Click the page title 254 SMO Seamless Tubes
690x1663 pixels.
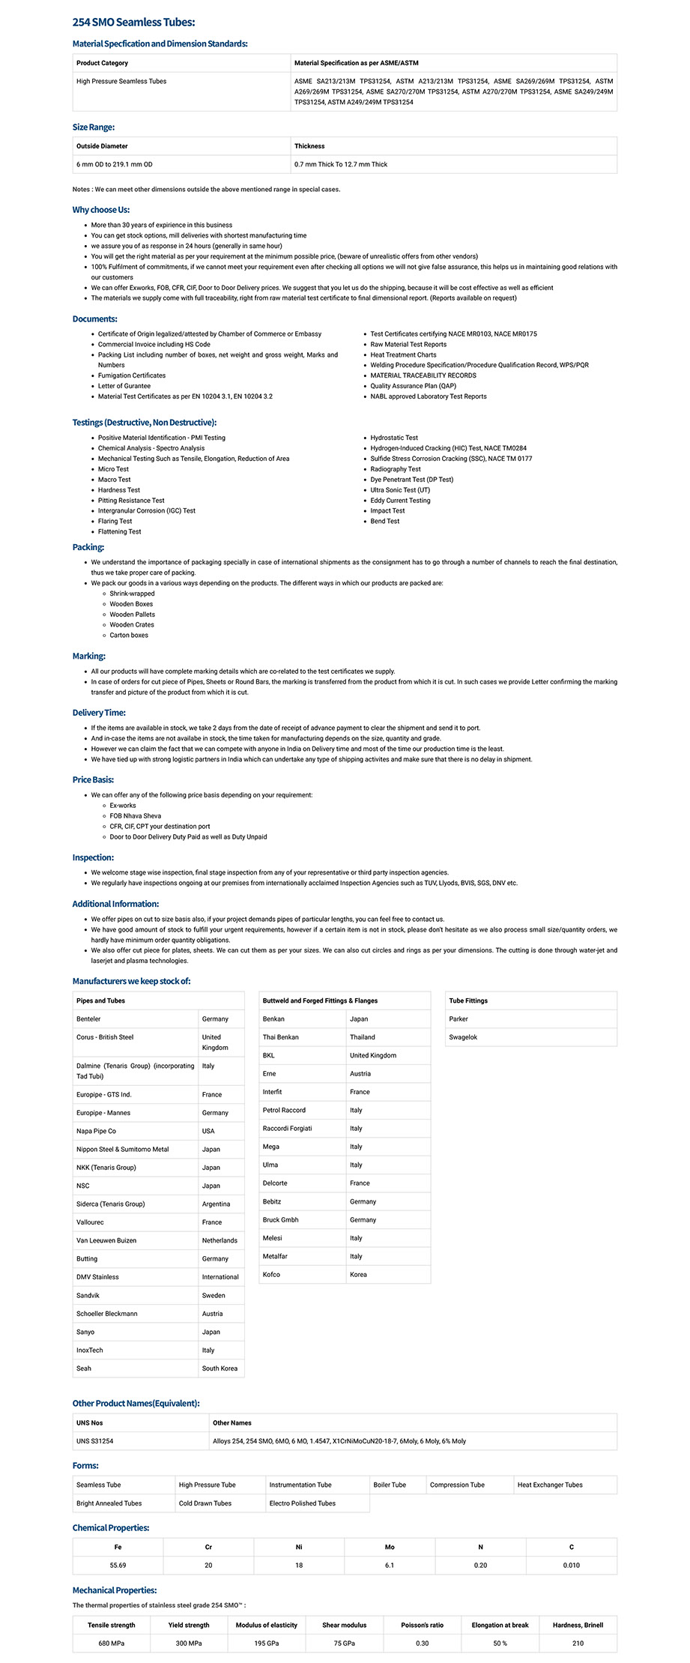pyautogui.click(x=133, y=22)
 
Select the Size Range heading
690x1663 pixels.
pyautogui.click(x=94, y=127)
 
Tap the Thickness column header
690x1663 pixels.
pyautogui.click(x=309, y=146)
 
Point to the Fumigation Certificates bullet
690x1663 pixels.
pyautogui.click(x=132, y=375)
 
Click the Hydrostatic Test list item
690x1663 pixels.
pyautogui.click(x=394, y=438)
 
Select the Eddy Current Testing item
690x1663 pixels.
pyautogui.click(x=400, y=501)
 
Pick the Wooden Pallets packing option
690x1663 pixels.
pyautogui.click(x=133, y=615)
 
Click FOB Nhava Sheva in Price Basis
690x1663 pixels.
pyautogui.click(x=136, y=816)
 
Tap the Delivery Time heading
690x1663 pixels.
pyautogui.click(x=99, y=713)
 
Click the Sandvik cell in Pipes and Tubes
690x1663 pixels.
pyautogui.click(x=88, y=1295)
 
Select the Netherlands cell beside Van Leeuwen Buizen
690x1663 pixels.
pyautogui.click(x=220, y=1240)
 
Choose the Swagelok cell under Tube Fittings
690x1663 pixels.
pyautogui.click(x=463, y=1037)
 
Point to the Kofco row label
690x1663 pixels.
pyautogui.click(x=271, y=1274)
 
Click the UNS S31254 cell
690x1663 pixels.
pyautogui.click(x=95, y=1440)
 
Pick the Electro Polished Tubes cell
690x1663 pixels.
pyautogui.click(x=302, y=1503)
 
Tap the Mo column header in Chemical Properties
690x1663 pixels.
pyautogui.click(x=390, y=1547)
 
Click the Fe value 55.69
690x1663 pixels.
pyautogui.click(x=118, y=1565)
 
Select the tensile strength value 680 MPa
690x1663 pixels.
pyautogui.click(x=112, y=1643)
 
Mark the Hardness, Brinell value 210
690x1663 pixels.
pyautogui.click(x=578, y=1643)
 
